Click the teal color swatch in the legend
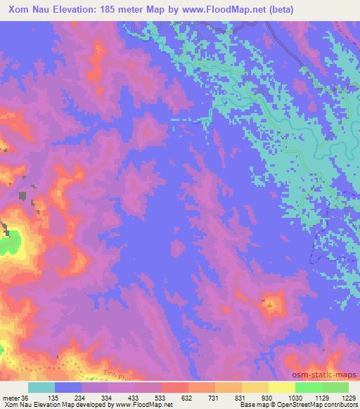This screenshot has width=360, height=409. pyautogui.click(x=41, y=387)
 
